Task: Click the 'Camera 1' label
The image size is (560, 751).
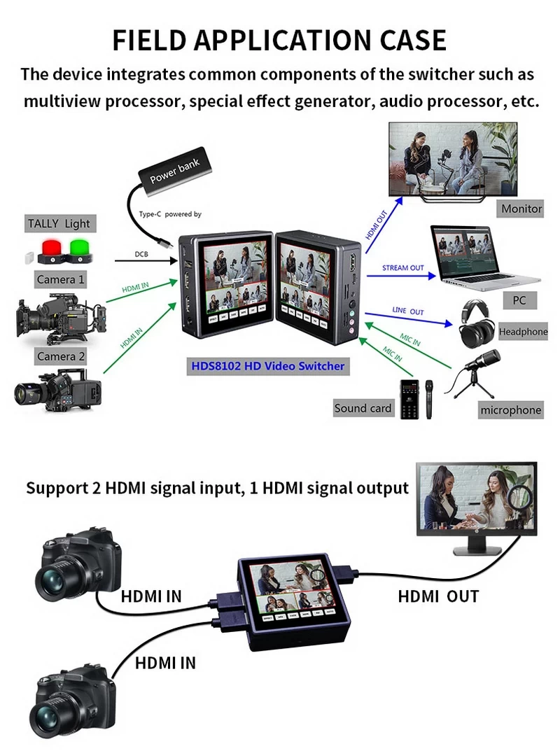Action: (x=61, y=280)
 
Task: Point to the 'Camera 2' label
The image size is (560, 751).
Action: (x=61, y=356)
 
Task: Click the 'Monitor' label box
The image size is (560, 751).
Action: (x=521, y=209)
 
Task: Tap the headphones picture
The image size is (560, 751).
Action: (x=477, y=323)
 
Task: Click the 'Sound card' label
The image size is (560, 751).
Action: (x=363, y=408)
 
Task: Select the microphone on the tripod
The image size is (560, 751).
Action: (x=479, y=371)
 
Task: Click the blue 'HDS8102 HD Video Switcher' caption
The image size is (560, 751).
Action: (x=268, y=366)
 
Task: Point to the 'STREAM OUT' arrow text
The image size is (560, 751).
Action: (x=402, y=268)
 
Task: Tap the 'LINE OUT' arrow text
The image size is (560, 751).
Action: (x=407, y=310)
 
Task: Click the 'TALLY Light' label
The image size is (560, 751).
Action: (x=59, y=224)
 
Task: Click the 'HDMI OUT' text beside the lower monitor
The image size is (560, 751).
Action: (x=438, y=596)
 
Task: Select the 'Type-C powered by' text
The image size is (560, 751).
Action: (x=170, y=214)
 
